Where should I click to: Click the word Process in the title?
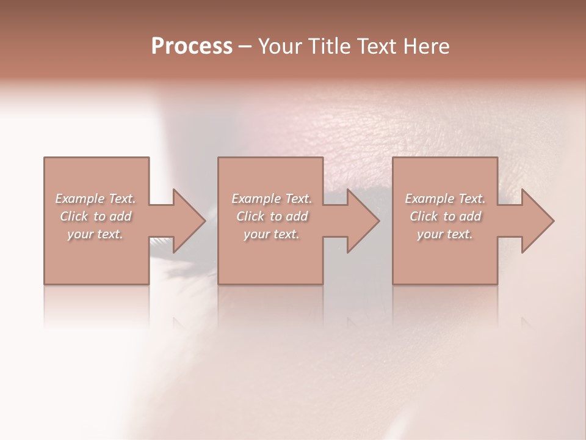192,46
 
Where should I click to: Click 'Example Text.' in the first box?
95,199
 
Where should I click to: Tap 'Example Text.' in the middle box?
272,199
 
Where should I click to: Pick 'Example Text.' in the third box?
445,199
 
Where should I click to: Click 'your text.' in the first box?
95,234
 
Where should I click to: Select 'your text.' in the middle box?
272,234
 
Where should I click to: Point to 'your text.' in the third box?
445,234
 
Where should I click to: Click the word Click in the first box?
74,216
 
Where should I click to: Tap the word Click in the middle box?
250,216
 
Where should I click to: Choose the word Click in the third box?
424,216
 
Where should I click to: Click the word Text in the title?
377,46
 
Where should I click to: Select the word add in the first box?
120,216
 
